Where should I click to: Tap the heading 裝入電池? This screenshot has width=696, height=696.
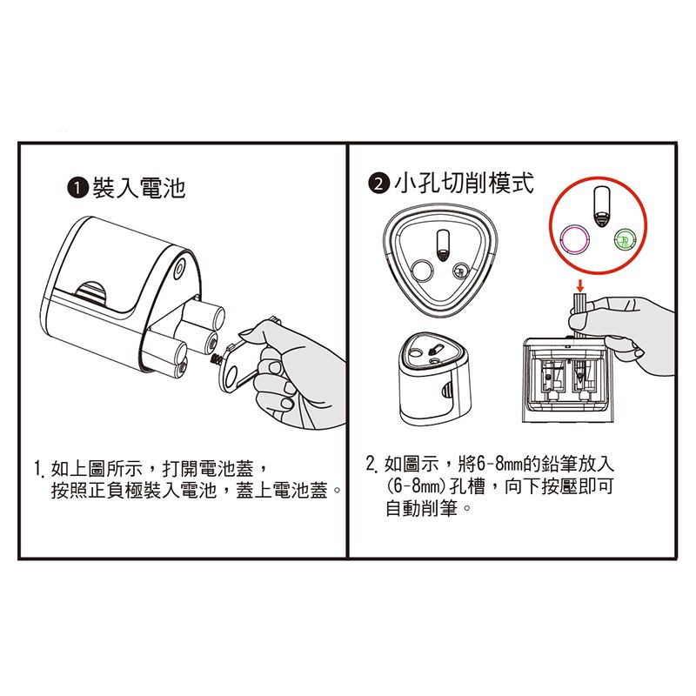(x=138, y=188)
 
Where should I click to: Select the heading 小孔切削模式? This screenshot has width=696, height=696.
(x=464, y=183)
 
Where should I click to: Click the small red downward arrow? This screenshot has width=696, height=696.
(x=579, y=285)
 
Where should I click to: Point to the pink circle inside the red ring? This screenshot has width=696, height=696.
(x=575, y=239)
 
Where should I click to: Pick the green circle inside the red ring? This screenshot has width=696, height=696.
(x=625, y=240)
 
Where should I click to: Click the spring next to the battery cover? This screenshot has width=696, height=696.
(x=217, y=358)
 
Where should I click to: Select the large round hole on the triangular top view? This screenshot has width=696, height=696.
(x=422, y=271)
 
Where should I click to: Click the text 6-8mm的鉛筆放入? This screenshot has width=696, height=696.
(x=545, y=465)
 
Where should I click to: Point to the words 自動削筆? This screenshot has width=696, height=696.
(x=421, y=508)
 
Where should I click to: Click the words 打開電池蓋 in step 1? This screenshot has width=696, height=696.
(x=208, y=468)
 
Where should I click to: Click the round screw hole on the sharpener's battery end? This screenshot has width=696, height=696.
(x=179, y=268)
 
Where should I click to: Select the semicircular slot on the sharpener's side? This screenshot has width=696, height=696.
(x=91, y=293)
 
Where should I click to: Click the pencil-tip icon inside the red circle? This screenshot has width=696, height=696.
(x=601, y=206)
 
